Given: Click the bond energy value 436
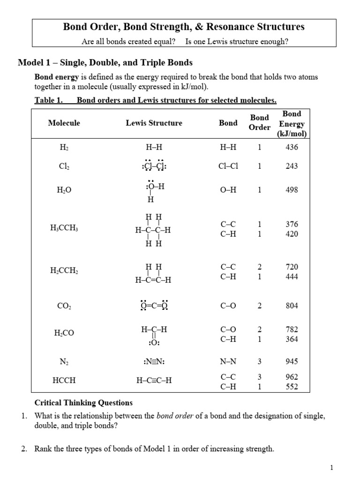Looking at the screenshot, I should [x=292, y=147].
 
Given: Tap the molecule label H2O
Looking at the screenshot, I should [x=64, y=190].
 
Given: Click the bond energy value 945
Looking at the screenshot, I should [x=292, y=361].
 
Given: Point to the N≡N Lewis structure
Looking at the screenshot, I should [x=154, y=362].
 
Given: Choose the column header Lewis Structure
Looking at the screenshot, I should [x=154, y=123].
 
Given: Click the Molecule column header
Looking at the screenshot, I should [x=64, y=123].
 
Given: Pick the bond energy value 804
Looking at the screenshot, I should [x=292, y=306].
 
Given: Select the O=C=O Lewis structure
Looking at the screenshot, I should [x=154, y=306].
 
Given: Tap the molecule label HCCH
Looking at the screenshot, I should [x=64, y=381].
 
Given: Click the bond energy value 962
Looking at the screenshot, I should [x=292, y=376].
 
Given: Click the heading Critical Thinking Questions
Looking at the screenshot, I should [x=83, y=403].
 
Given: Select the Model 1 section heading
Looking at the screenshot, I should [x=105, y=63].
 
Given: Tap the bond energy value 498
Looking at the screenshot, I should [x=292, y=190].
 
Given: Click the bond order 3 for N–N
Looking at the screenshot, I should [x=259, y=361].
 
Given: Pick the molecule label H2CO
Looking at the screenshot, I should [x=64, y=333].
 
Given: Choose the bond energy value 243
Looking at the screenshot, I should [x=292, y=166].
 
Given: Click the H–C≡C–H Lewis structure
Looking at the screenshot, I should [x=154, y=381].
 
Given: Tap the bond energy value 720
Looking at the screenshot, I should [x=292, y=267].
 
